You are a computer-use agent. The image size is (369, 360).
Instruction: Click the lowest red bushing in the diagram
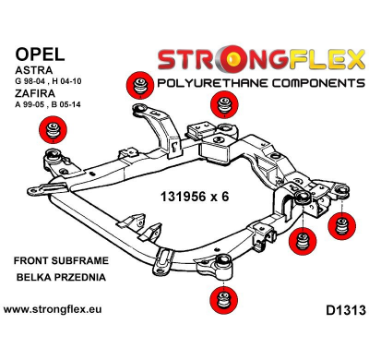[220, 300]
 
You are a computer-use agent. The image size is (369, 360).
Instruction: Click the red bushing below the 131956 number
[301, 244]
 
